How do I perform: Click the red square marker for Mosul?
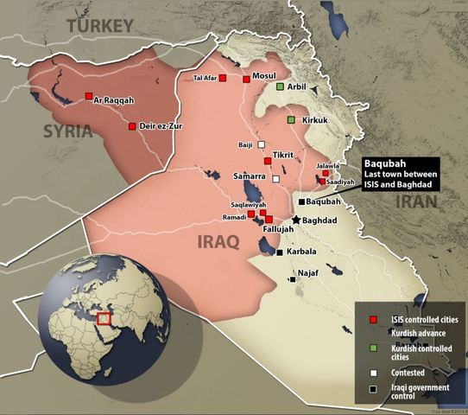point(246,79)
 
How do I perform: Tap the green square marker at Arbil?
point(280,86)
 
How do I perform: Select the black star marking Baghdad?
point(296,220)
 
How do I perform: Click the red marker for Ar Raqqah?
point(88,96)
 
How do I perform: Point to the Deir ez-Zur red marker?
point(132,126)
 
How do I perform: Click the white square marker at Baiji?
point(261,144)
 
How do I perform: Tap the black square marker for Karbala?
point(280,252)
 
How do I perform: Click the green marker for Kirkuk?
point(292,119)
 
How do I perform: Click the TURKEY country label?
point(100,25)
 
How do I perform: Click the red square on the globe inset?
point(105,318)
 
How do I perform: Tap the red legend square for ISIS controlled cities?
point(372,319)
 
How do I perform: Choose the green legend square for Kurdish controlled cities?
point(372,348)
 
